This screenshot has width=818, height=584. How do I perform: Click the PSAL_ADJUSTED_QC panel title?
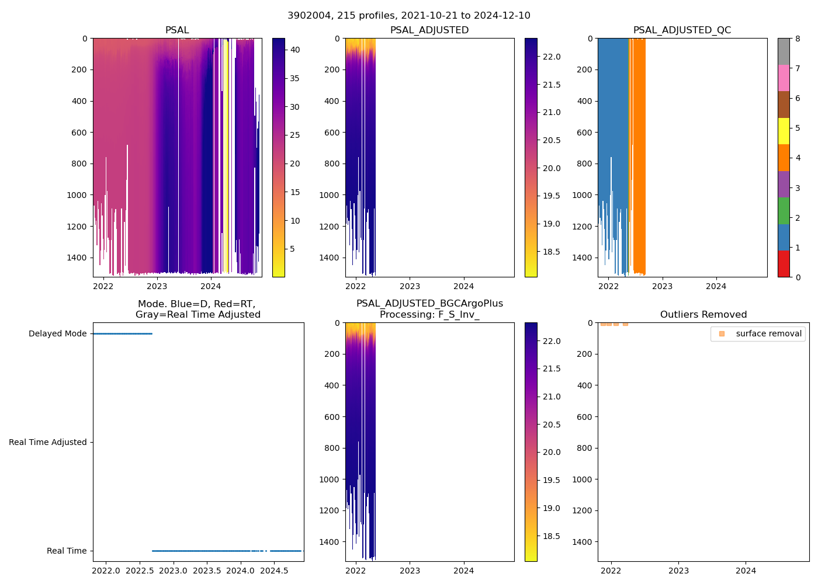point(682,30)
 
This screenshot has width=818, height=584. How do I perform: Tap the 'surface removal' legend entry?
point(768,333)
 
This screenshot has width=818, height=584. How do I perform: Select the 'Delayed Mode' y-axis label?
point(57,333)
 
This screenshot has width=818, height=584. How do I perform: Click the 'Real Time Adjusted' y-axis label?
point(47,442)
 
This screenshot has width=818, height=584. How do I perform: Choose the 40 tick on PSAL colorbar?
point(295,50)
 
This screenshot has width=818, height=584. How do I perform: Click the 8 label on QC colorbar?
point(798,39)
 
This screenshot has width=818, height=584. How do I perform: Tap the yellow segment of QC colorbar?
point(784,131)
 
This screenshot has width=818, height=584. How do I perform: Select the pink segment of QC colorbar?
point(784,78)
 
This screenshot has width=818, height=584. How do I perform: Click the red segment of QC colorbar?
point(784,263)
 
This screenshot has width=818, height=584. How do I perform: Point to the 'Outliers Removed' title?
point(703,315)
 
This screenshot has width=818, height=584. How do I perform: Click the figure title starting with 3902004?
point(409,16)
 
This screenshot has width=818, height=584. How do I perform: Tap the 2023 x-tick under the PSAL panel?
point(157,286)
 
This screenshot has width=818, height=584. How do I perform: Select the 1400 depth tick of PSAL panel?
point(77,258)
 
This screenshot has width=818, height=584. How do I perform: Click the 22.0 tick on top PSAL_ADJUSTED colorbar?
point(552,57)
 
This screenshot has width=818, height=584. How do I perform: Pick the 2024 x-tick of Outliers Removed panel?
point(746,571)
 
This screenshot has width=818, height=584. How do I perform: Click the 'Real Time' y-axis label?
point(67,551)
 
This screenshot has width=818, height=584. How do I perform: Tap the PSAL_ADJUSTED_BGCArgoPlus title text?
point(429,304)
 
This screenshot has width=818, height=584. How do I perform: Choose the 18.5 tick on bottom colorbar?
point(552,536)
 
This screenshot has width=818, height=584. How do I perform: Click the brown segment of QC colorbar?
point(784,105)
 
